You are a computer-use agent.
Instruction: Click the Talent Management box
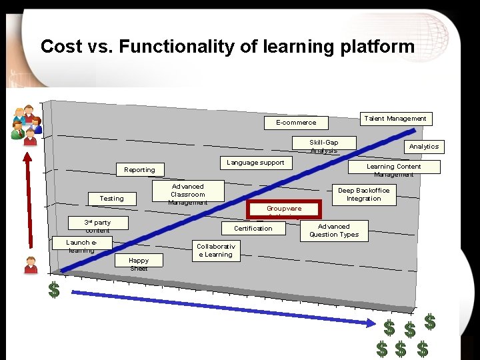point(395,119)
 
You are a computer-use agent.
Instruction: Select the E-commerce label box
point(296,123)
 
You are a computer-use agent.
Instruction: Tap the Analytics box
point(423,147)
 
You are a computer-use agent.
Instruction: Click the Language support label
point(255,163)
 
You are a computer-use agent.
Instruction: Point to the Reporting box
point(139,170)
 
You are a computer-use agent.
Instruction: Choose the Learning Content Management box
point(393,168)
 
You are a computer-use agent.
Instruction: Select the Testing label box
point(111,199)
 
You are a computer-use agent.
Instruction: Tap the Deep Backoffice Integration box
point(363,194)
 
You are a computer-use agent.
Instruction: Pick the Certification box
point(253,229)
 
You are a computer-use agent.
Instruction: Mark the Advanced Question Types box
point(333,231)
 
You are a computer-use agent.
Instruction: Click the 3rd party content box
point(97,225)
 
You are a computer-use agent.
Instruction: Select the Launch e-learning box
point(81,245)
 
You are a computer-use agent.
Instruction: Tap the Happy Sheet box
point(139,263)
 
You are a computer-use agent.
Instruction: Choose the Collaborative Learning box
point(214,250)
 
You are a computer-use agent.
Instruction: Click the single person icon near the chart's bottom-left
point(31,265)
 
